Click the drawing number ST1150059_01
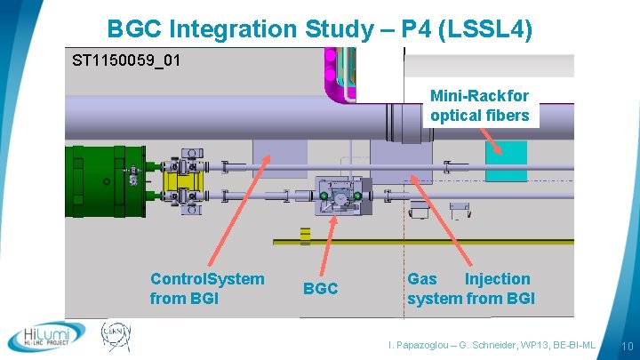[x=126, y=61]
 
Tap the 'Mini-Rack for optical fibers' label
[x=479, y=105]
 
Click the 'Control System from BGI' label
[x=207, y=289]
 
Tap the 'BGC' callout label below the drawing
[x=320, y=289]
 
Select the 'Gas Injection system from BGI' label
[x=470, y=289]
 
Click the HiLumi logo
[x=46, y=336]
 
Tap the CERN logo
[x=115, y=336]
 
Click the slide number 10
[x=626, y=346]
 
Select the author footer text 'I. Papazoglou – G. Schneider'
[x=492, y=345]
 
